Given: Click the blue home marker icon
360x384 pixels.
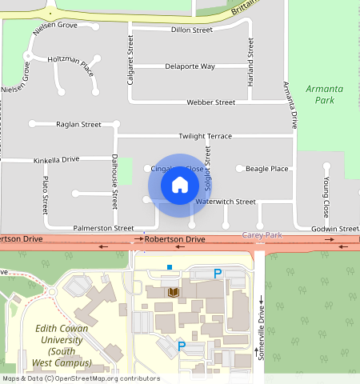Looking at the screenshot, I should tap(180, 185).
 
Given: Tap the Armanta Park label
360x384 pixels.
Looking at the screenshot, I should tap(325, 94).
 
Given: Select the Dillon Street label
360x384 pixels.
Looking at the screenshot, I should tap(192, 30).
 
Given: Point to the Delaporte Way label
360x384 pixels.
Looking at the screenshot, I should tap(190, 66).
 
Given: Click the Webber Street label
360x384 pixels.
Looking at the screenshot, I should tap(210, 102).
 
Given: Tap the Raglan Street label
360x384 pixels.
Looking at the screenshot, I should tap(78, 124).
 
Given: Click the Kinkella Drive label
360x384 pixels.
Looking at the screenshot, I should tap(56, 160).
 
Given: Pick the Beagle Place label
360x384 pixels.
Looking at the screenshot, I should tap(266, 169).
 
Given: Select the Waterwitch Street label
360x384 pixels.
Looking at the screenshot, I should tap(225, 202).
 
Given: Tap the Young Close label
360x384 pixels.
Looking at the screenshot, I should tap(326, 198).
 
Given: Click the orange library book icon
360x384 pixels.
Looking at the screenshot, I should tap(172, 292).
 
